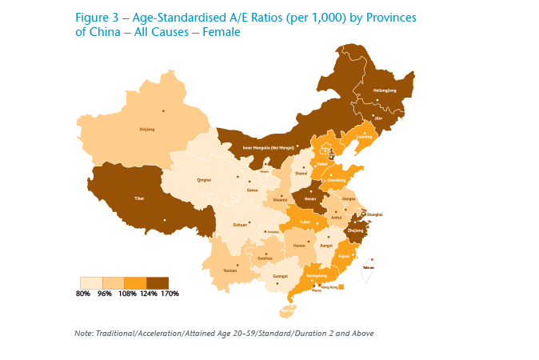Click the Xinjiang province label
coord(147,129)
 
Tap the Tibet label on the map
coord(139,198)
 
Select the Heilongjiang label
coord(385,90)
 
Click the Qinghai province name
coord(204,180)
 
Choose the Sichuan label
coord(218,226)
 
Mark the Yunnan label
coord(230,271)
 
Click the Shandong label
coord(337,180)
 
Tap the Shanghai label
coord(375,215)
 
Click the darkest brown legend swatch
coord(158,282)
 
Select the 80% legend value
coord(82,294)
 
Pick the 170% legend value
coord(170,294)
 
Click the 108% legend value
coord(126,294)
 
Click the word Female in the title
coord(219,32)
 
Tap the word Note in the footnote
coord(82,333)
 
